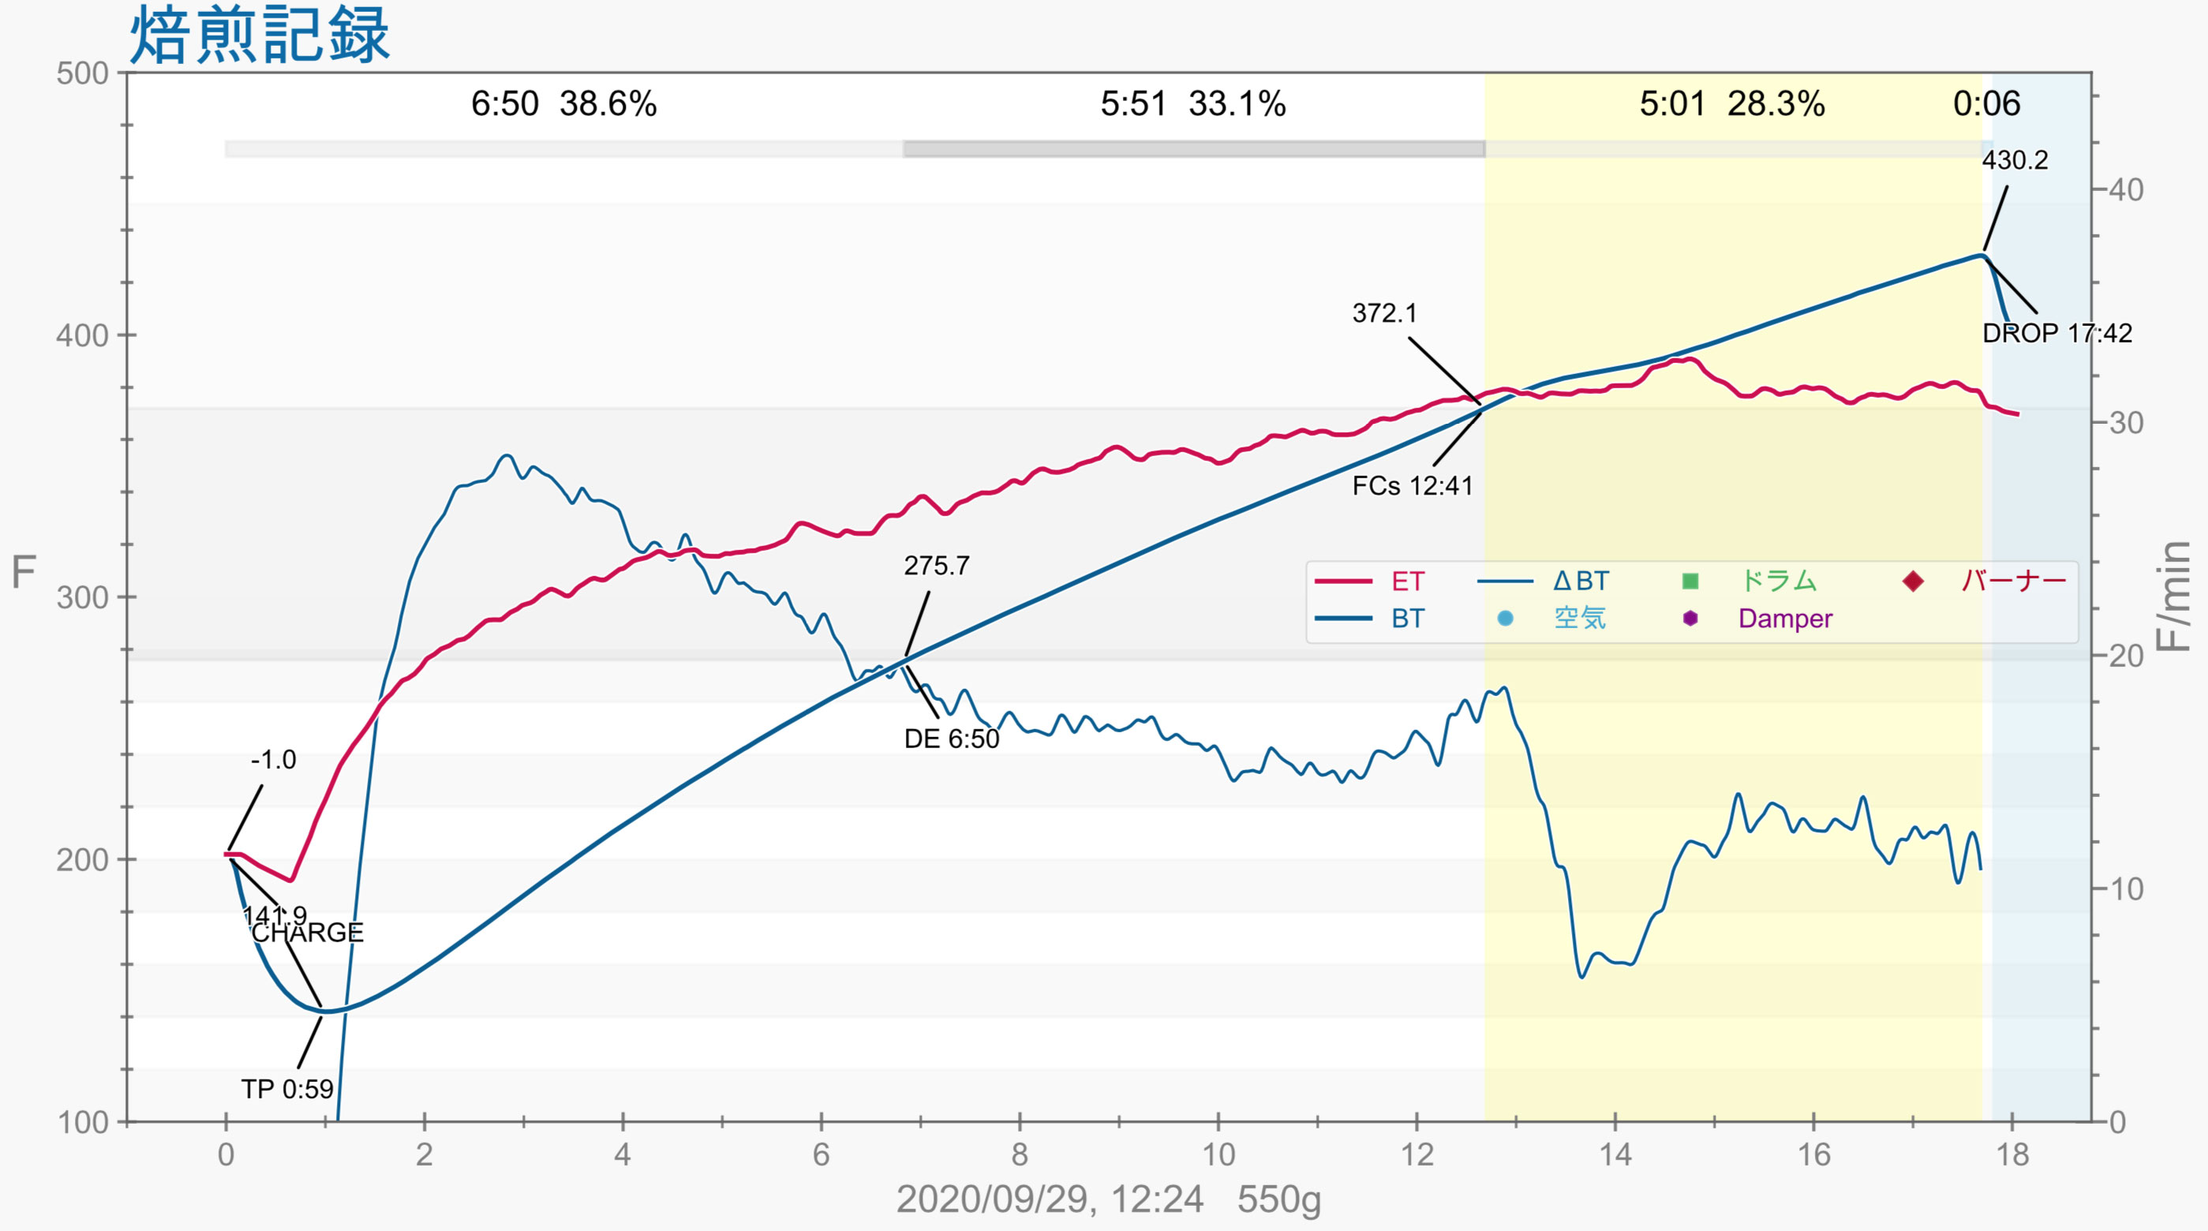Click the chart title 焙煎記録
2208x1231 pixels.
coord(260,36)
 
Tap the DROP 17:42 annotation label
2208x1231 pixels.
coord(2056,333)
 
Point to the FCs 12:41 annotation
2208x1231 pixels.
coord(1412,486)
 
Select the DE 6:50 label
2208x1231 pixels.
coord(952,738)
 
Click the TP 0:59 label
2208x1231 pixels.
coord(286,1089)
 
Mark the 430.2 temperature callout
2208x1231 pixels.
coord(2015,160)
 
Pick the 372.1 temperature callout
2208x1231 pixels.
coord(1384,313)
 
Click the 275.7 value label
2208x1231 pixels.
coord(936,566)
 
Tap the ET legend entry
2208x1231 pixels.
coord(1406,582)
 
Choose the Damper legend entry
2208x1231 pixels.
coord(1783,618)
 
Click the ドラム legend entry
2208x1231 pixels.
coord(1778,582)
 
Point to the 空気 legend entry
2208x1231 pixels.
coord(1579,618)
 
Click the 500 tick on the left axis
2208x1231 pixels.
coord(82,73)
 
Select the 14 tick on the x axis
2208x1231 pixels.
coord(1615,1154)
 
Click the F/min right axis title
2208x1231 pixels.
coord(2174,597)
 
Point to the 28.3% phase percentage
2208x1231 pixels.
coord(1776,103)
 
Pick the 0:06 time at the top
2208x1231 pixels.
coord(1986,103)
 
